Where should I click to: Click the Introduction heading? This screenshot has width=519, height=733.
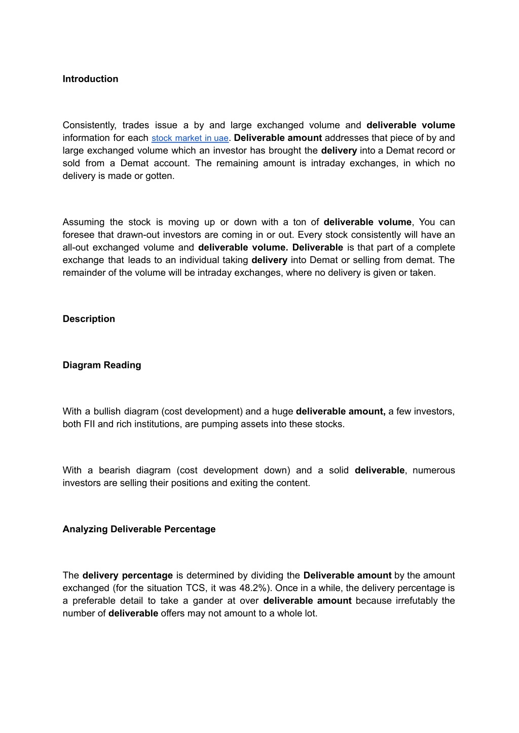click(x=90, y=79)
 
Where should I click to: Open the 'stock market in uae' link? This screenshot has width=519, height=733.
click(x=190, y=138)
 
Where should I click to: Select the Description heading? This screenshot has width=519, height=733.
click(x=89, y=319)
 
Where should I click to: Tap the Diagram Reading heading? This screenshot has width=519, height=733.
click(x=102, y=365)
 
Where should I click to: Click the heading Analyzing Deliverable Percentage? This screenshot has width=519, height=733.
click(x=139, y=529)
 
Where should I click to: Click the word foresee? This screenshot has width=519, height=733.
click(x=79, y=235)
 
